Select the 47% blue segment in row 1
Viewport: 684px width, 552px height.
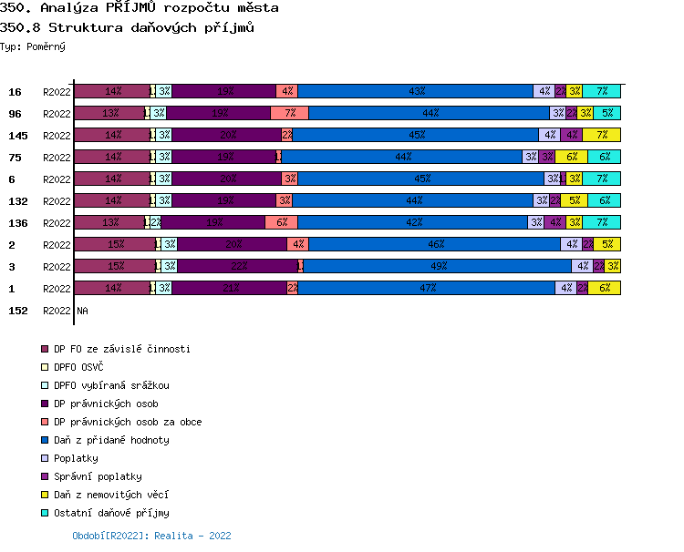[426, 288]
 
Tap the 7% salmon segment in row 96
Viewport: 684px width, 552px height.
[289, 113]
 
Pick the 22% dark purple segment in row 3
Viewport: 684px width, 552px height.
[238, 266]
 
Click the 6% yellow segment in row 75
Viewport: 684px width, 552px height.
[572, 157]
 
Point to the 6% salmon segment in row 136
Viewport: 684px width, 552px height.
[281, 222]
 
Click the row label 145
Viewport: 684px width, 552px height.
[17, 136]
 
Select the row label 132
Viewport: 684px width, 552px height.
[17, 201]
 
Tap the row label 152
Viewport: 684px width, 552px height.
[17, 311]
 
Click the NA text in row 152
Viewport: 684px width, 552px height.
[82, 311]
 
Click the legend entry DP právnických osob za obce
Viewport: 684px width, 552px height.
[128, 422]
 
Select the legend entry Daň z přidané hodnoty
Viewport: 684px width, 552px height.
[111, 440]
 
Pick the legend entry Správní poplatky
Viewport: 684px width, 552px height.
[98, 476]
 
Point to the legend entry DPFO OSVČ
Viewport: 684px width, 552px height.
[78, 367]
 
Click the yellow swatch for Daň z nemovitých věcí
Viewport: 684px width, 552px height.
[44, 495]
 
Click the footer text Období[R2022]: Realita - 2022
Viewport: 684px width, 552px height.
[151, 536]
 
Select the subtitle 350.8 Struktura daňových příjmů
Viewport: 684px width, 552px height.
[127, 27]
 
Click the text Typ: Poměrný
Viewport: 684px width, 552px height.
[33, 46]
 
